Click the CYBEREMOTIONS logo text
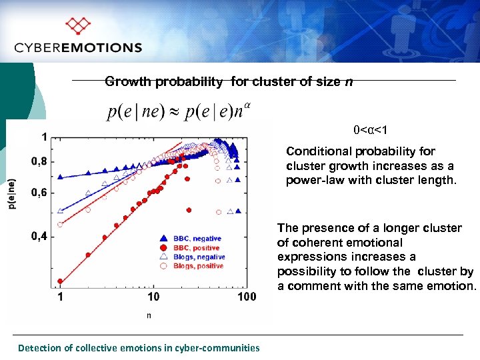point(78,47)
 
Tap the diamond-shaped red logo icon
point(79,26)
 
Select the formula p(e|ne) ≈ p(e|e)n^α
point(179,109)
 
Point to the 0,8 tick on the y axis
point(39,161)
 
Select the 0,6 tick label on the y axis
point(39,193)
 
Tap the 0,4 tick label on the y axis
point(39,237)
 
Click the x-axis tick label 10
point(153,297)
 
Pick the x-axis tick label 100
point(246,297)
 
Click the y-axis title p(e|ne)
point(12,194)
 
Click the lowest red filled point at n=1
point(61,281)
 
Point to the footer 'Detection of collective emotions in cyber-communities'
point(139,347)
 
